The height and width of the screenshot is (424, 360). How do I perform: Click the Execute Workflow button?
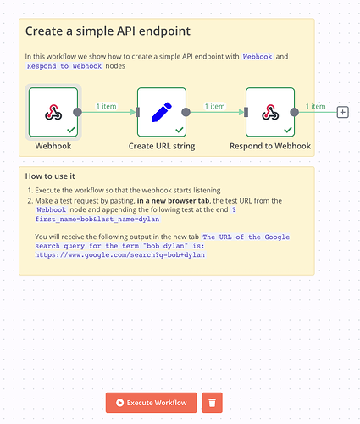coord(151,403)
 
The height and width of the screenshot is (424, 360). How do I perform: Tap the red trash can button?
coord(212,403)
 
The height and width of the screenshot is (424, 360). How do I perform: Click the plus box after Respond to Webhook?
coord(343,112)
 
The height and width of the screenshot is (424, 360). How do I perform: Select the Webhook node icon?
coord(53,112)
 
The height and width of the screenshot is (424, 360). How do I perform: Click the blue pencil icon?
coord(162,112)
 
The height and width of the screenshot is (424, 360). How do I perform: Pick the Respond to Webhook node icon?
coord(270,112)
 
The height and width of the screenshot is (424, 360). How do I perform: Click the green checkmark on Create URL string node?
coord(180,130)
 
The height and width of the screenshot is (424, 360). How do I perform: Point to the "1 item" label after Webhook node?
coord(106,106)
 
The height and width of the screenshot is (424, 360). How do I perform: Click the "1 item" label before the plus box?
coord(315,106)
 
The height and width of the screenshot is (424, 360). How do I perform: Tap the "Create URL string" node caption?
coord(162,146)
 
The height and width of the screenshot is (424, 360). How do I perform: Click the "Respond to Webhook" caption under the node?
coord(270,146)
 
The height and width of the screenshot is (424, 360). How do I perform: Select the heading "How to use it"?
coord(50,176)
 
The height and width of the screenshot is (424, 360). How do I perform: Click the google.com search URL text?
coord(120,255)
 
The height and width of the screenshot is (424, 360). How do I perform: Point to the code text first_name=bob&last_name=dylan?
coord(97,220)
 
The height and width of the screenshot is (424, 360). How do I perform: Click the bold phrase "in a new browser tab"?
coord(173,201)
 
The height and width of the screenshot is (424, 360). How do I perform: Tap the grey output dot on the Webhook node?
coord(77,112)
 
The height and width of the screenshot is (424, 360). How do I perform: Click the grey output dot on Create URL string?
coord(186,112)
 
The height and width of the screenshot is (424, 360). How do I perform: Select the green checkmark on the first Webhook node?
coord(71,130)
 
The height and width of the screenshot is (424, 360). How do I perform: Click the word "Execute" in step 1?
coord(47,190)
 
